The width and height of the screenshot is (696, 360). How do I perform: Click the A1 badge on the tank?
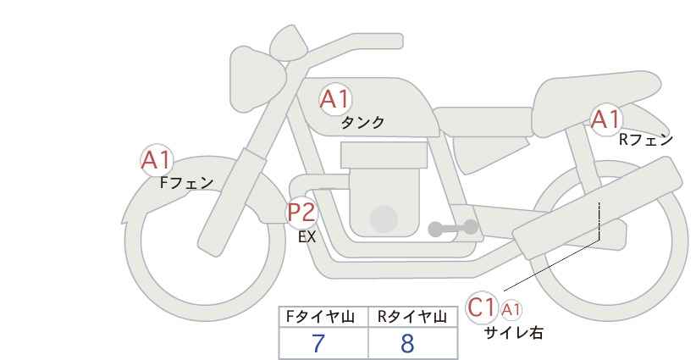tap(335, 99)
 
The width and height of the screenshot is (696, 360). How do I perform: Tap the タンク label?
tap(362, 123)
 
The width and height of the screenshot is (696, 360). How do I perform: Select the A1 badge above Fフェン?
tap(156, 160)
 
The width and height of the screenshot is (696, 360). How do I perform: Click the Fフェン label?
tap(186, 183)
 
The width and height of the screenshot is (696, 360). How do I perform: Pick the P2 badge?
tap(301, 212)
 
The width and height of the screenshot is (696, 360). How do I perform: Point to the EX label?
tap(307, 237)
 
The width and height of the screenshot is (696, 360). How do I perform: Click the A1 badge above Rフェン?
tap(605, 119)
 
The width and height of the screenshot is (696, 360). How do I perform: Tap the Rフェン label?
tap(646, 140)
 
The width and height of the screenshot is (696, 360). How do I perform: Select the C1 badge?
tap(481, 307)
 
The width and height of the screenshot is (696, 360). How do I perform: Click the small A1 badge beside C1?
tap(511, 310)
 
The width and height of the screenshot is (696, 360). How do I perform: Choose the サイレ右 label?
tap(514, 333)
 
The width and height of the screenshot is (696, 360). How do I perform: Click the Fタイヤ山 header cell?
tap(323, 317)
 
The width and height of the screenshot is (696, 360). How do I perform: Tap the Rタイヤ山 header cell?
tap(412, 317)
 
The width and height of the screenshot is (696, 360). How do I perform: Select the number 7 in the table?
tap(318, 343)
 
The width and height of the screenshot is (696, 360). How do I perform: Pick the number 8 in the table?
tap(407, 343)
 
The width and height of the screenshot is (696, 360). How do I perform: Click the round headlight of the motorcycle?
tap(257, 80)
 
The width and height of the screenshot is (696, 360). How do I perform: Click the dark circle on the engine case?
tap(384, 219)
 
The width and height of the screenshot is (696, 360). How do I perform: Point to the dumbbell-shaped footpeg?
tap(453, 228)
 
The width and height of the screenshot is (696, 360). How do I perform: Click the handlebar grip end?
tap(393, 42)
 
